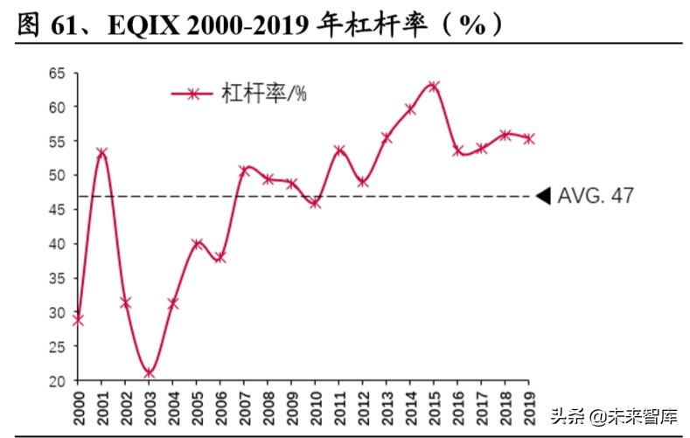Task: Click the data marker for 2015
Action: (433, 86)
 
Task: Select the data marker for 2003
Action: (149, 373)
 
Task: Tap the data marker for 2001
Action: (101, 153)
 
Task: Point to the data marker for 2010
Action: (315, 203)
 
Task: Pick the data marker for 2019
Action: (528, 138)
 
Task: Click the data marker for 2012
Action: (362, 182)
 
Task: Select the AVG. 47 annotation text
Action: (596, 196)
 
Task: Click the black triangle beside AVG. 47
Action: (542, 196)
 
